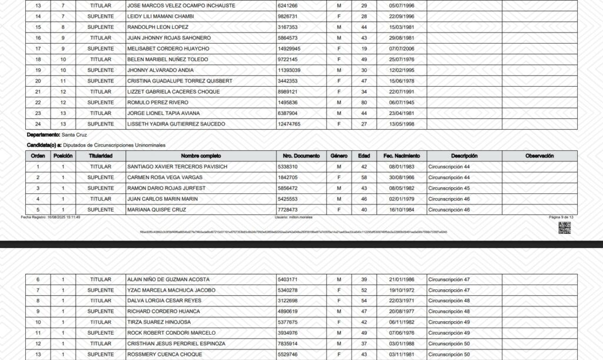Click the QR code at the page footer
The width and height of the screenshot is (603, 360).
(x=564, y=229)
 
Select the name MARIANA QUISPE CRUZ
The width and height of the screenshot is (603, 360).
(x=154, y=210)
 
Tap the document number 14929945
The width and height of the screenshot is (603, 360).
(x=289, y=49)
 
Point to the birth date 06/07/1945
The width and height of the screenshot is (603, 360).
(x=402, y=103)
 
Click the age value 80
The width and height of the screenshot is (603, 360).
(x=364, y=103)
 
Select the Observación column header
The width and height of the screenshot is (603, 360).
(x=539, y=156)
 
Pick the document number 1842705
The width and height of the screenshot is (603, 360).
(x=287, y=177)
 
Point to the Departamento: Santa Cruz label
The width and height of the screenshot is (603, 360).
(x=57, y=135)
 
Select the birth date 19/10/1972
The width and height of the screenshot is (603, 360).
(x=402, y=290)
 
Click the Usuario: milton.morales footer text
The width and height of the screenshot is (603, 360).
(x=293, y=217)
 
